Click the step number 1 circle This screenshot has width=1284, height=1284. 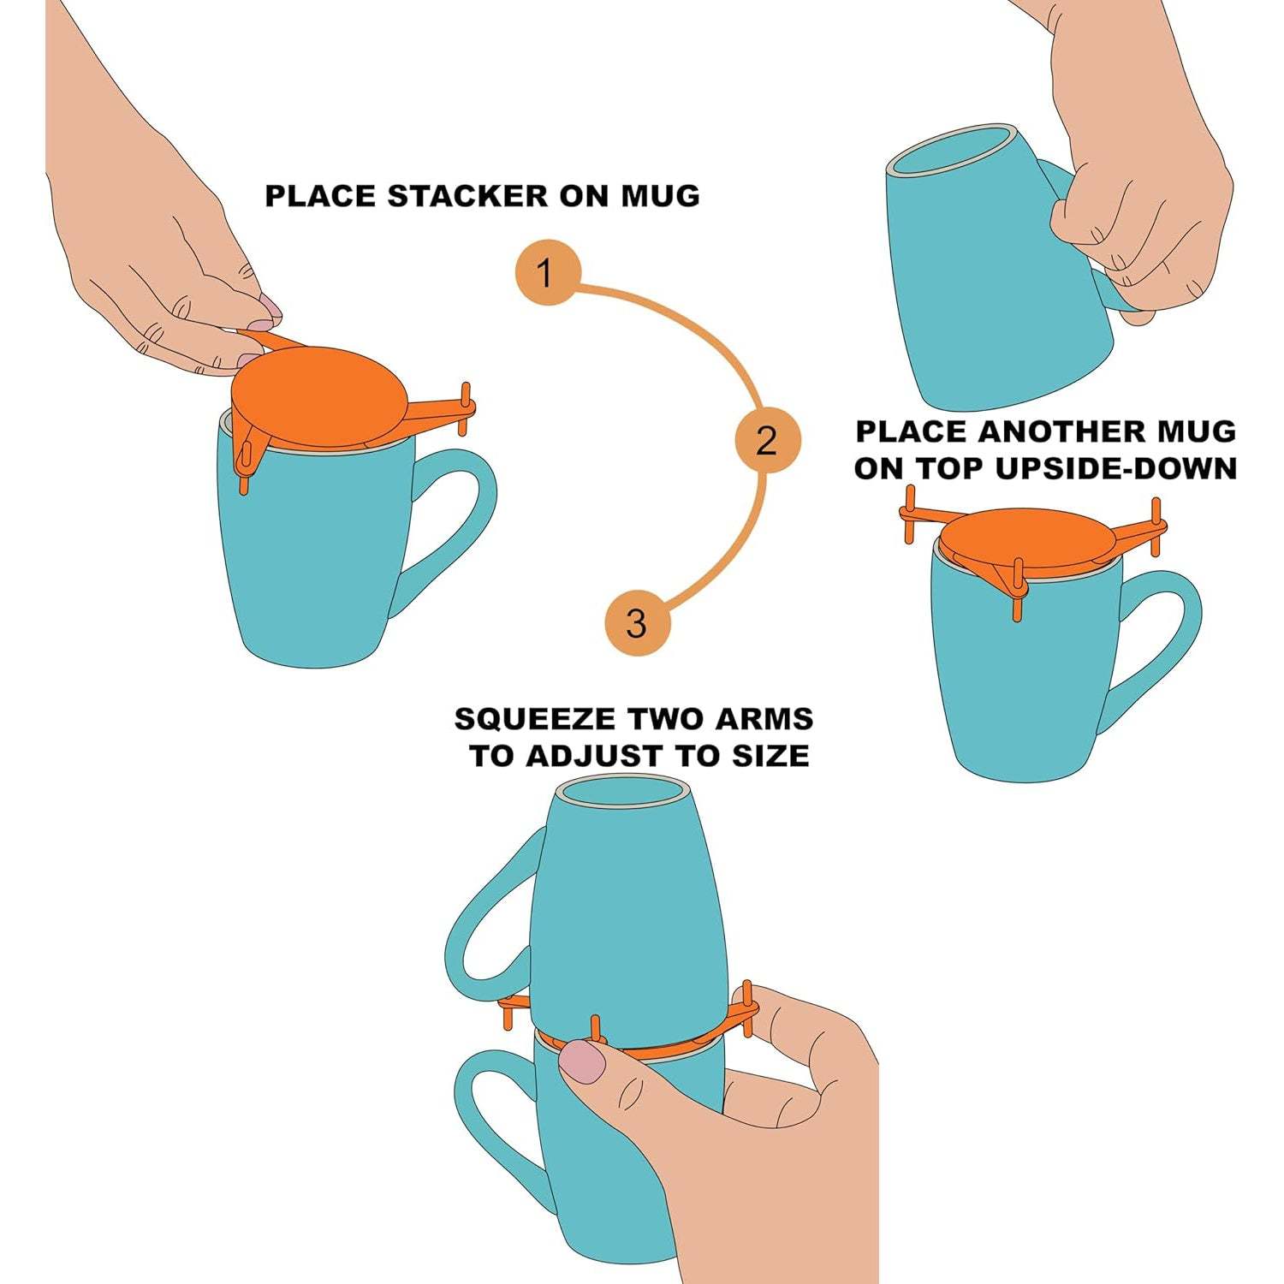pos(548,274)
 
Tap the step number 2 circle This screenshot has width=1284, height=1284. pos(767,442)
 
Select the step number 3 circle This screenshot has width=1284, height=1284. pos(637,623)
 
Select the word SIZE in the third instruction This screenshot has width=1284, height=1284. pos(764,756)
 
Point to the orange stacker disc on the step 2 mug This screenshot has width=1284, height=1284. pos(1027,536)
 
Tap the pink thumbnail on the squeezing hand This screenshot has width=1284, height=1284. pos(582,1061)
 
